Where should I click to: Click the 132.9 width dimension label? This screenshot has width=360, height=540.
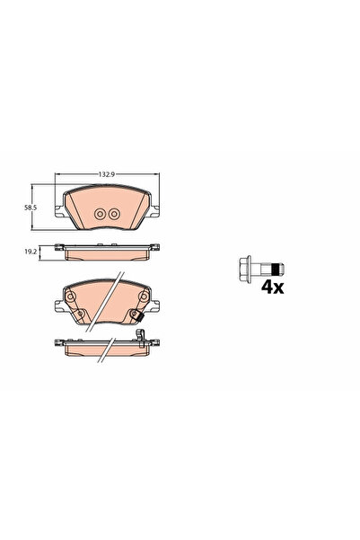[106, 174]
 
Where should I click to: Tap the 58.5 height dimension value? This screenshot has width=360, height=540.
[31, 208]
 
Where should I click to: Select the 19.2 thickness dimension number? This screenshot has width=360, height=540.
[31, 252]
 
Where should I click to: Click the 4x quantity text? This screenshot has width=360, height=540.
[272, 288]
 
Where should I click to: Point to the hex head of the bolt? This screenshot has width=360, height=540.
[244, 270]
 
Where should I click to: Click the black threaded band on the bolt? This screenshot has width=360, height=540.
[275, 270]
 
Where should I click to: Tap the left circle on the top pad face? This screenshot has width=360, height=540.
[100, 214]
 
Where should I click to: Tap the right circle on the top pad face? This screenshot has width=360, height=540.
[114, 214]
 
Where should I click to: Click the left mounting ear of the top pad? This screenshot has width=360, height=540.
[59, 211]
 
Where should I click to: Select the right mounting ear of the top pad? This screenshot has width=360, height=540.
[155, 211]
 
